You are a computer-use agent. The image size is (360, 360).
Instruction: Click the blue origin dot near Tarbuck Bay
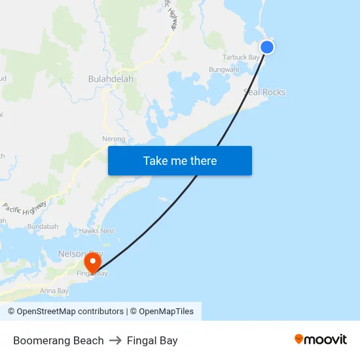coord(267,46)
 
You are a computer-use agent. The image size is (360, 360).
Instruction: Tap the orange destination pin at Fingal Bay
coord(93,263)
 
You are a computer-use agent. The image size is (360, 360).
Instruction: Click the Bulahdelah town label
coord(111,79)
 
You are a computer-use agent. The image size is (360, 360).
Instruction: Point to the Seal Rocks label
coord(264,92)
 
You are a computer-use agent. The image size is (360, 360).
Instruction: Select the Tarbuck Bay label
coord(241,58)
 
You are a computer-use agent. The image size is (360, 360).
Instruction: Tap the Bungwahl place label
coord(224,69)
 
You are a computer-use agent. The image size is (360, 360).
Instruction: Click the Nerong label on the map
coord(113,139)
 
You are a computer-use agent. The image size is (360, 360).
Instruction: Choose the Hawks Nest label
coord(97,231)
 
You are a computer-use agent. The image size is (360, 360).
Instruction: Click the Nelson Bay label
coord(80,253)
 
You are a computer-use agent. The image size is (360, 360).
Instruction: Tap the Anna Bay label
coord(54,291)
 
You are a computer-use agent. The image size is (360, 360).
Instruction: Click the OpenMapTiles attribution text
coord(166,312)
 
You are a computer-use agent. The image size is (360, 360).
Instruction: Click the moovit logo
coord(321,340)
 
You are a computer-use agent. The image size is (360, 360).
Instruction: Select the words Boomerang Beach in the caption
coord(58,340)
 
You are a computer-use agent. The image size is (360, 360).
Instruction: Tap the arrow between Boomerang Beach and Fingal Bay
coord(115,340)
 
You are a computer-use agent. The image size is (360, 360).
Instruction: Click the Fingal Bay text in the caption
coord(153,340)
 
